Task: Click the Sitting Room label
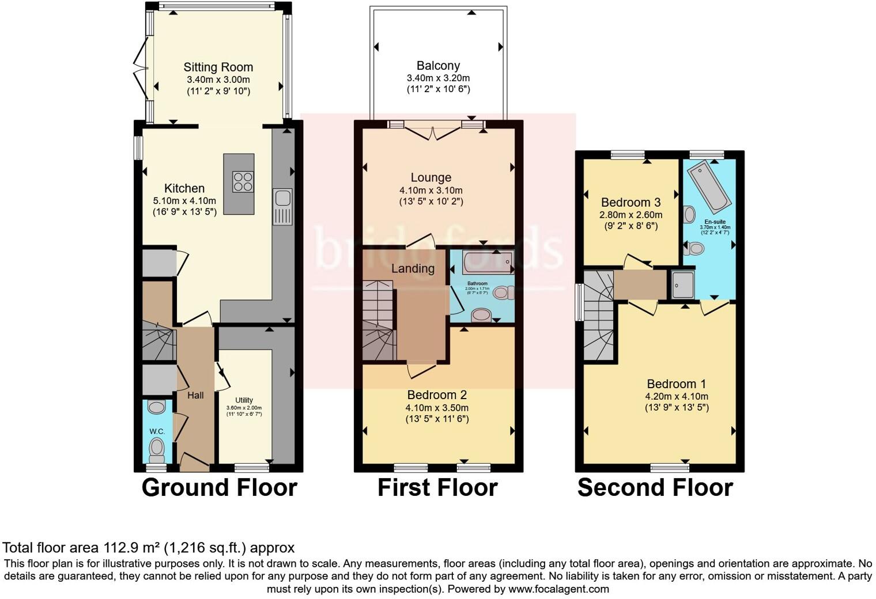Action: point(218,67)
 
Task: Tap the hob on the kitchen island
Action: point(242,181)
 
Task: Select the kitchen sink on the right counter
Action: point(282,198)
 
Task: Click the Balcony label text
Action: point(438,66)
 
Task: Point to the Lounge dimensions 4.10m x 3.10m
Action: point(431,190)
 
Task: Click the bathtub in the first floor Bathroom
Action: point(488,262)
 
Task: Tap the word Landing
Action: point(413,268)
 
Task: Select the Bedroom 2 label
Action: point(437,395)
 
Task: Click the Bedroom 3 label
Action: point(630,202)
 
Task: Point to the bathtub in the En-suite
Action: point(709,185)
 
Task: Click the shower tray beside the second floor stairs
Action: point(684,285)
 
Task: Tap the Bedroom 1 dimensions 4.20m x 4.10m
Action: point(677,396)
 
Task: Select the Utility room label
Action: point(244,400)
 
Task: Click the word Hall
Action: point(195,395)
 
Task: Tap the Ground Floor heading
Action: point(219,487)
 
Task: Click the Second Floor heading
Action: point(655,487)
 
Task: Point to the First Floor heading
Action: point(437,487)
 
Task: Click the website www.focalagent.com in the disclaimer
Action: point(558,589)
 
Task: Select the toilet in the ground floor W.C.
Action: point(156,447)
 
